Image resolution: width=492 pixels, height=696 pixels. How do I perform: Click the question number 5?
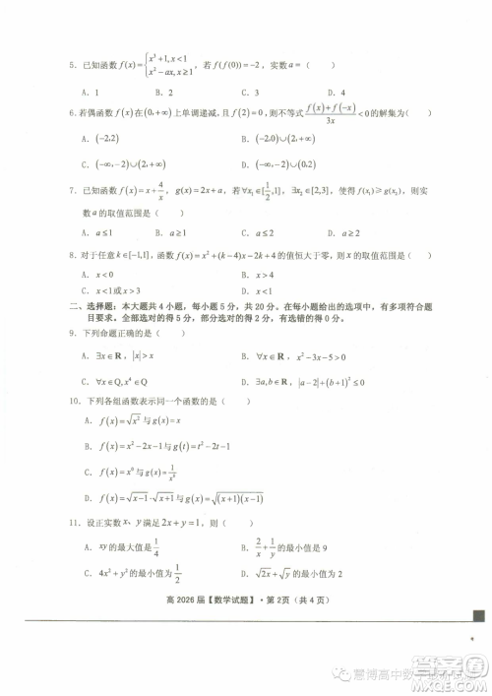(71, 65)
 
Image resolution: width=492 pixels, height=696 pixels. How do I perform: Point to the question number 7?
(71, 192)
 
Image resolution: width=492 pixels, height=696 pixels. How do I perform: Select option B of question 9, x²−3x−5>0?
(285, 355)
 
